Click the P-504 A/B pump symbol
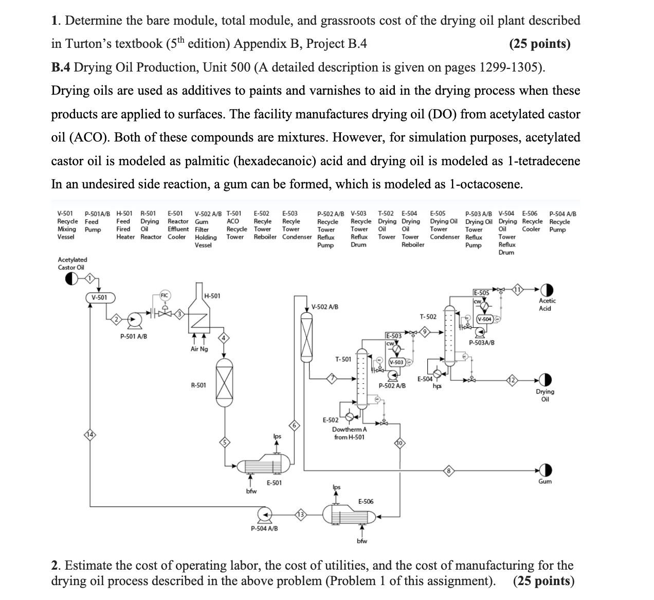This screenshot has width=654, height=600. click(x=265, y=514)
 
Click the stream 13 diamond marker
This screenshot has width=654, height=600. click(x=300, y=514)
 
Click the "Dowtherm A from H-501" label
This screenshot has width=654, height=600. click(x=350, y=433)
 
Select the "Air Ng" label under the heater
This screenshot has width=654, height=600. click(x=199, y=349)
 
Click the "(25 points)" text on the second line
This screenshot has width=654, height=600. click(x=539, y=44)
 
